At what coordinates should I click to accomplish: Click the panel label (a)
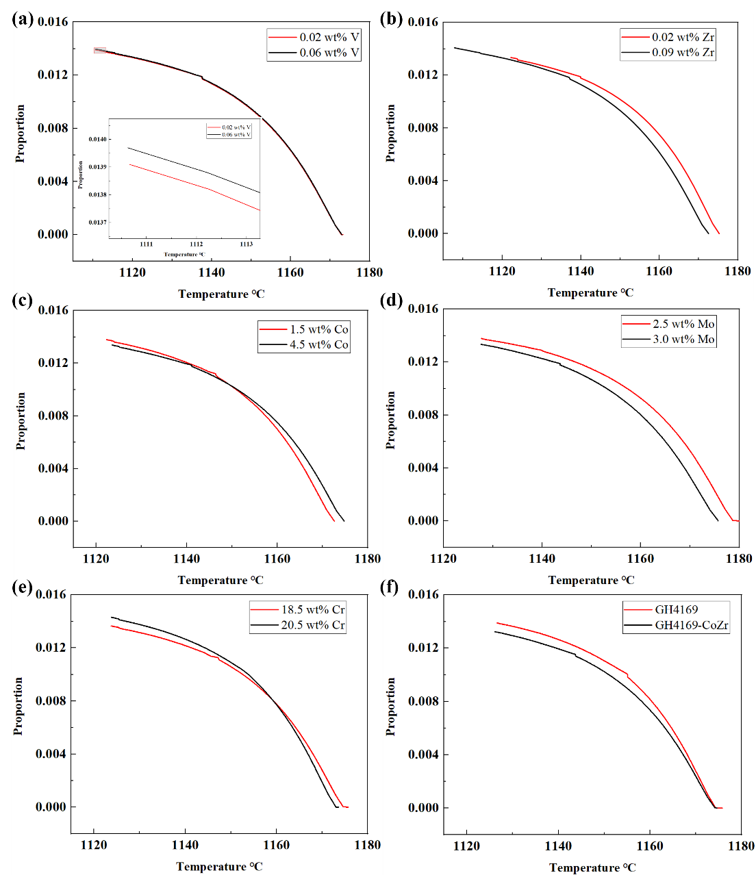click(x=24, y=19)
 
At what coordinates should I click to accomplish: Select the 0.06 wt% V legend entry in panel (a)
click(x=329, y=53)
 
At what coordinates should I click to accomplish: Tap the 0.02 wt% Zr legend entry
click(x=682, y=37)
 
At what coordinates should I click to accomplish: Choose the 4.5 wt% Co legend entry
click(x=318, y=344)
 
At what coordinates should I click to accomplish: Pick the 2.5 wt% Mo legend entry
click(x=683, y=324)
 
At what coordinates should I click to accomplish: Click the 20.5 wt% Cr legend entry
click(x=312, y=625)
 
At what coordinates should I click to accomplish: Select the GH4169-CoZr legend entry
click(x=691, y=625)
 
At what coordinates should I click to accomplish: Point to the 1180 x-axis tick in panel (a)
click(x=369, y=272)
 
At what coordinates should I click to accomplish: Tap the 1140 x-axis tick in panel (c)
click(x=186, y=559)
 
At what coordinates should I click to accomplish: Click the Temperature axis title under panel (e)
click(x=219, y=867)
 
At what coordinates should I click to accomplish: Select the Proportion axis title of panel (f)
click(x=391, y=707)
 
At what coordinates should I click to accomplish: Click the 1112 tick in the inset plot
click(x=197, y=244)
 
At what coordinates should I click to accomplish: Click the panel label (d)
click(x=391, y=300)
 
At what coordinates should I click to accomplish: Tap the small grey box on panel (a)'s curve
click(x=100, y=50)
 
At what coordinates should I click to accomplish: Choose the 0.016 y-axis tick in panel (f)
click(x=423, y=594)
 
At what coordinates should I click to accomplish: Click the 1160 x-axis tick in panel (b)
click(x=659, y=271)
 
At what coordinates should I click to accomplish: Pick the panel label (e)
click(x=22, y=587)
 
